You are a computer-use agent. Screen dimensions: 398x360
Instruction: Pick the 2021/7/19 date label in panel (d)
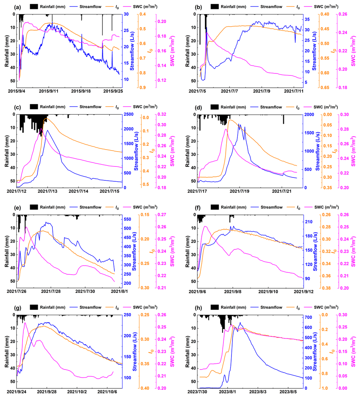click(240, 191)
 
